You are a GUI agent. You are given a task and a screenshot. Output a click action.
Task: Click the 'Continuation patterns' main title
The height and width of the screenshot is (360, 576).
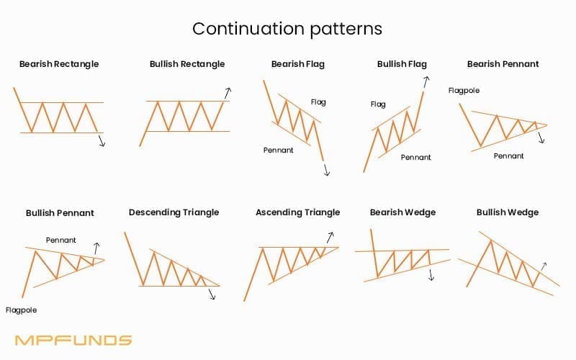[x=287, y=29]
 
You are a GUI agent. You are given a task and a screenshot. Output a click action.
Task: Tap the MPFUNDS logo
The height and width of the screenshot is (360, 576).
[x=73, y=340]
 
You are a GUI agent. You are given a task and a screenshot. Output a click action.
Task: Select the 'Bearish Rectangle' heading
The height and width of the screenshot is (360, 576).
[x=59, y=64]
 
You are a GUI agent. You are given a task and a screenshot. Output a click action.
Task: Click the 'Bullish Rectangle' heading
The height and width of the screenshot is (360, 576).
[x=187, y=64]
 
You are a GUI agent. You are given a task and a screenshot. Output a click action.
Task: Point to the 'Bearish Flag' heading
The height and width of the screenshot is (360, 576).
[x=298, y=64]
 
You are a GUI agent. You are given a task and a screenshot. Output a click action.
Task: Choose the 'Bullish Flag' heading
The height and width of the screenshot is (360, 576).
[x=402, y=64]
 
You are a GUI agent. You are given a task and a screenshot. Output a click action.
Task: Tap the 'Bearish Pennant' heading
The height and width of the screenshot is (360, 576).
[x=503, y=64]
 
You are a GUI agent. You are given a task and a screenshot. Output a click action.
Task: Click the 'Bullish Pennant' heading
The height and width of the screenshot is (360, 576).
[x=60, y=213]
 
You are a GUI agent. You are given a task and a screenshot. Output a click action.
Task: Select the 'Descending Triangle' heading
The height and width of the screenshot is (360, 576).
[x=174, y=212]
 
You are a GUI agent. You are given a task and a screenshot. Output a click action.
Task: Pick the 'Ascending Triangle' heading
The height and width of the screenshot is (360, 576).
[x=298, y=212]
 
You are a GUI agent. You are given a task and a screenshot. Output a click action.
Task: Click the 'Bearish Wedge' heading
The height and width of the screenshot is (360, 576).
[x=402, y=212]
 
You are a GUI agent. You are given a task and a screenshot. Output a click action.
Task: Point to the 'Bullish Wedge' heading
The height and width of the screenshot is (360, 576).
[x=508, y=212]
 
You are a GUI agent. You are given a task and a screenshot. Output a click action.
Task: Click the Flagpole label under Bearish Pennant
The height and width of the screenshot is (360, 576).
[x=464, y=91]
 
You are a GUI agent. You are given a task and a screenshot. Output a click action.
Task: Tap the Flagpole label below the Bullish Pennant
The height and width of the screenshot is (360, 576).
[x=21, y=310]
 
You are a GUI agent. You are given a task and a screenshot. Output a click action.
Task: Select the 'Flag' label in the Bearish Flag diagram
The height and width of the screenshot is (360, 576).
[x=318, y=102]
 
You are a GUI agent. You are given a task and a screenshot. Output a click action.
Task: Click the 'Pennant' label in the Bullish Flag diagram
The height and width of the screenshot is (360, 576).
[x=416, y=157]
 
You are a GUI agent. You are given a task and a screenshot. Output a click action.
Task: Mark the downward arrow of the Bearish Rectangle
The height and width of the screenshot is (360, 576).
[x=102, y=140]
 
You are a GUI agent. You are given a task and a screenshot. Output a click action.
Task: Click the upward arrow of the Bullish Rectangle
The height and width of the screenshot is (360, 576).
[x=228, y=93]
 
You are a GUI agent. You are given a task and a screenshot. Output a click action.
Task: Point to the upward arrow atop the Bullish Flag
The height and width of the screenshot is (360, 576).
[x=426, y=82]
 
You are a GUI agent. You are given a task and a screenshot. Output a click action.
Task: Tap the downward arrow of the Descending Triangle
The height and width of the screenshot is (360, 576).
[x=212, y=294]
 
